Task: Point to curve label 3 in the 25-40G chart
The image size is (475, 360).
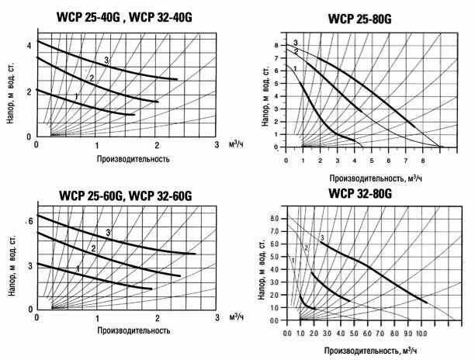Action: coord(106,61)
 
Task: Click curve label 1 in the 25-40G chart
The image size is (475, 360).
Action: coord(75,95)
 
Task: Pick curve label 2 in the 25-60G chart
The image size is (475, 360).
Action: coord(93,248)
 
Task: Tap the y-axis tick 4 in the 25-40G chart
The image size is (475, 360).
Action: coord(29,45)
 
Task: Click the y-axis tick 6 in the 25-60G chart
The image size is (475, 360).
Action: coord(29,222)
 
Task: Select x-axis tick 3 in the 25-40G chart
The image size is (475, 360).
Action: coord(217,145)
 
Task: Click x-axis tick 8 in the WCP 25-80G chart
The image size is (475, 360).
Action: coord(423,160)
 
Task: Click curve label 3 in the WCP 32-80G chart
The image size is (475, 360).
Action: coord(321,237)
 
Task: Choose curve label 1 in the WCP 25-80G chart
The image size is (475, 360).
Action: coord(296,70)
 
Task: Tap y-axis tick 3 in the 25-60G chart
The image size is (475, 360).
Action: coord(29,265)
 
